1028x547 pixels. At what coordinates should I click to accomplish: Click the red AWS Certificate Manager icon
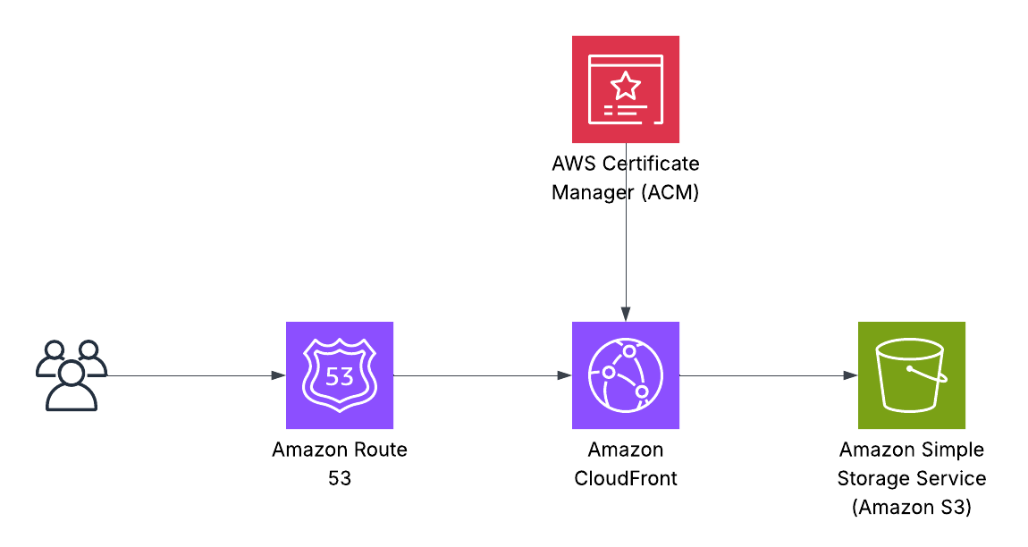(x=626, y=89)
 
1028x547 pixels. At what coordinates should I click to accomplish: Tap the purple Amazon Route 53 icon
(x=340, y=375)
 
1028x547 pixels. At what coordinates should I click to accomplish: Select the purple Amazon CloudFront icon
(x=626, y=375)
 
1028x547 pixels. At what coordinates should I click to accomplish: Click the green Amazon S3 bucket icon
(x=912, y=375)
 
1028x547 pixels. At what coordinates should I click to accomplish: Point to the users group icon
(x=71, y=374)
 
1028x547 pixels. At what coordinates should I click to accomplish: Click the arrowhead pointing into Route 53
(x=279, y=375)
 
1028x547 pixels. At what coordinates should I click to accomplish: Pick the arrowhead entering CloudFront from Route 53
(x=565, y=375)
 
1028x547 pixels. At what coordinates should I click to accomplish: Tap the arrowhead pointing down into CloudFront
(x=626, y=315)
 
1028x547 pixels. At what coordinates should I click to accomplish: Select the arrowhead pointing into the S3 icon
(x=851, y=375)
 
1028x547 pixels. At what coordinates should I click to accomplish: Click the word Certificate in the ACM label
(x=652, y=164)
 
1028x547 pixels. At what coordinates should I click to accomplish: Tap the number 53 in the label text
(x=340, y=478)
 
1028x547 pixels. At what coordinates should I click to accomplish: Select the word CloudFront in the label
(x=626, y=478)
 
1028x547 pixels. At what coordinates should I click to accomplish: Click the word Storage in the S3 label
(x=870, y=478)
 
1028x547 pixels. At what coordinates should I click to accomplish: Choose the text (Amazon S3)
(x=912, y=507)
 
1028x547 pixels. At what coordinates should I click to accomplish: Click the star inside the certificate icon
(x=626, y=87)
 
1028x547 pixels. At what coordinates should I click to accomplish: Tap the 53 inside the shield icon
(x=340, y=376)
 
